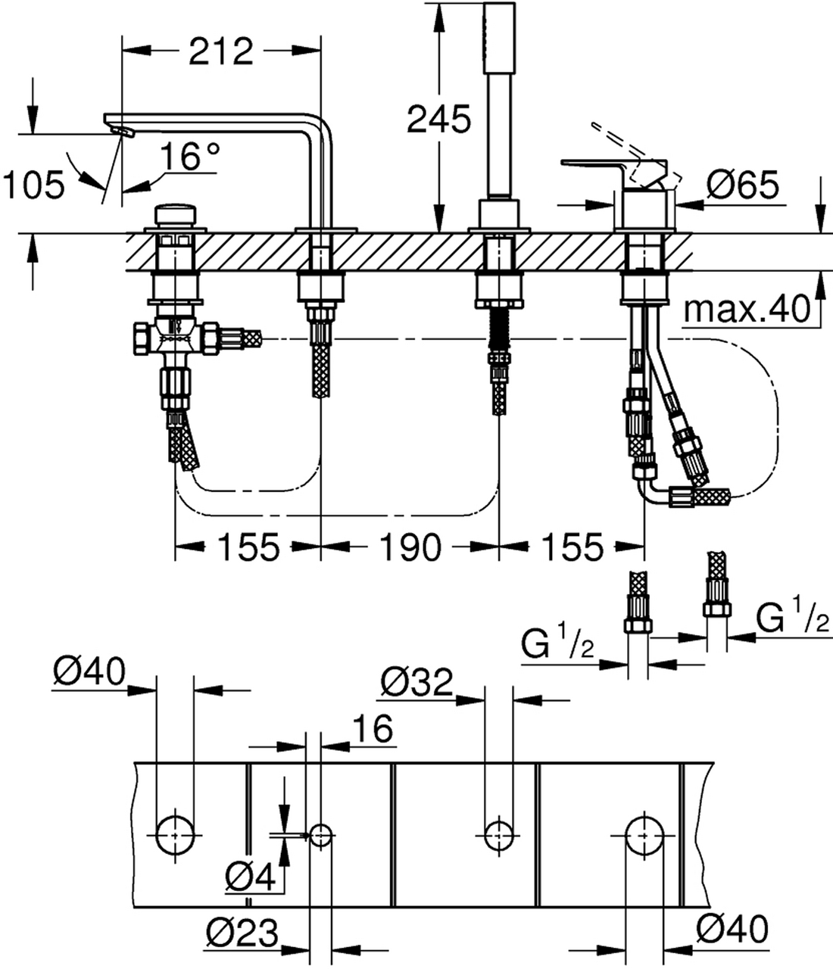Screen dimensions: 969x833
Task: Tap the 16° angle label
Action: click(x=189, y=157)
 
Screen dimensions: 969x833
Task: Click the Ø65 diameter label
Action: click(x=741, y=184)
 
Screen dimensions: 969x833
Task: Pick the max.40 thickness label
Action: click(x=746, y=310)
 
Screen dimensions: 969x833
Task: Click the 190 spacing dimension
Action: click(x=410, y=547)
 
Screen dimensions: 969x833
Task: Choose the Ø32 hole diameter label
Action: click(x=416, y=683)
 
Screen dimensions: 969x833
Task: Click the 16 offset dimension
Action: click(x=373, y=729)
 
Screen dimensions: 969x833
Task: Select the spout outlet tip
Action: click(x=122, y=131)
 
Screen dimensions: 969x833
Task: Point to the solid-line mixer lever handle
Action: click(x=598, y=162)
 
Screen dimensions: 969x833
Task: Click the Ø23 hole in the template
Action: click(x=320, y=834)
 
